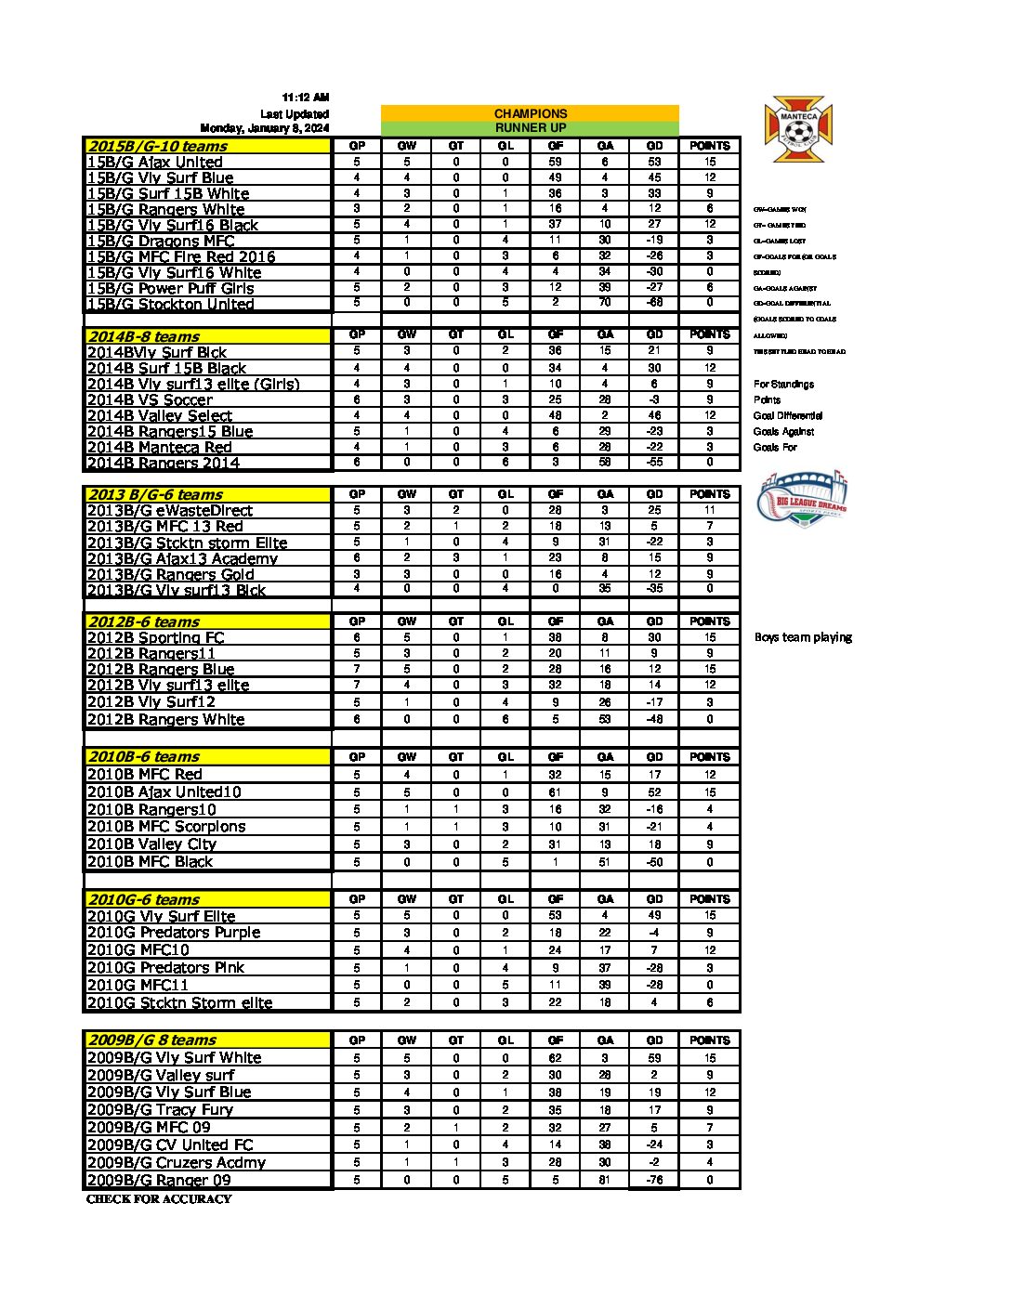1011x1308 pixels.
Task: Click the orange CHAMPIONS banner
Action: coord(530,113)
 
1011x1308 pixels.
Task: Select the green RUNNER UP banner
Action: coord(530,128)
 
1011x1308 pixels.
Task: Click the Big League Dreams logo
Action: coord(803,499)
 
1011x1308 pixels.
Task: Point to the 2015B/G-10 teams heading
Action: coord(157,146)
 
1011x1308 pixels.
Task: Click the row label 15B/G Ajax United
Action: coord(154,162)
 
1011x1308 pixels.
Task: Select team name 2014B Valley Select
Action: coord(159,415)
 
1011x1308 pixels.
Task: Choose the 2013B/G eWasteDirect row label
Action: coord(169,510)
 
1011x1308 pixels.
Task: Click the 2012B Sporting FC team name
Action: coord(155,637)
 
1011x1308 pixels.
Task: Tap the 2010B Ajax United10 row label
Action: coord(164,791)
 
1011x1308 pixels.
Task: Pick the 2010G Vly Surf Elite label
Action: coord(161,916)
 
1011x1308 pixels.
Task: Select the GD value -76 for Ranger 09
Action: coord(654,1181)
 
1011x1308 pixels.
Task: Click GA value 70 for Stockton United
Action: coord(605,303)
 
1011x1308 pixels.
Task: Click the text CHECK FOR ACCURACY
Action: coord(159,1199)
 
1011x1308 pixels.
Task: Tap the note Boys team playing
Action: coord(803,637)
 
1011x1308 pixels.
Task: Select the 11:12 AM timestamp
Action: coord(306,98)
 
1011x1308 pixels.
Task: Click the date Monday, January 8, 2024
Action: coord(265,128)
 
